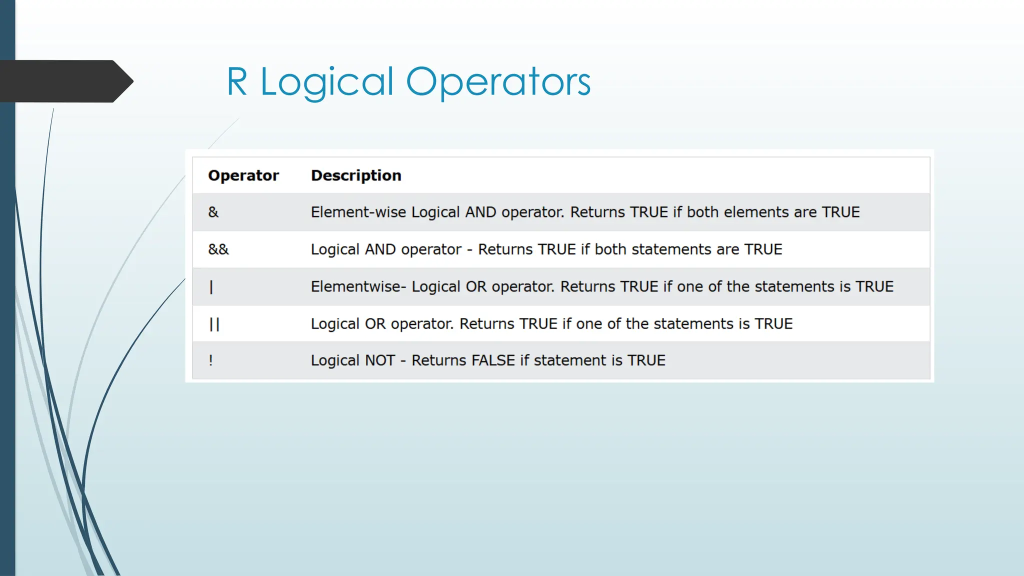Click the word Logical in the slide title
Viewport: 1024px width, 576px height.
pos(327,82)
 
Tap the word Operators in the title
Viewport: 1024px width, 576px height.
pos(498,82)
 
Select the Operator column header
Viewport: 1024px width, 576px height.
pos(243,175)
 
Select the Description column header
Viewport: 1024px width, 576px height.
pos(356,175)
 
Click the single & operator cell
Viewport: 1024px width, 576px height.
pos(213,212)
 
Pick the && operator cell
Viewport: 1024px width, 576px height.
pos(218,249)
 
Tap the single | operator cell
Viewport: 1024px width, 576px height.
pos(211,286)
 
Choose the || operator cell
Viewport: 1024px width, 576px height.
pos(214,324)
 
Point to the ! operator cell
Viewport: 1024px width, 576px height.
pos(211,360)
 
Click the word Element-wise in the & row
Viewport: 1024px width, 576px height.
pos(358,212)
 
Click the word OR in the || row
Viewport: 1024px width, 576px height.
pos(375,324)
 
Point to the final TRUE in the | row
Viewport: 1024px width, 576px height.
pos(874,286)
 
